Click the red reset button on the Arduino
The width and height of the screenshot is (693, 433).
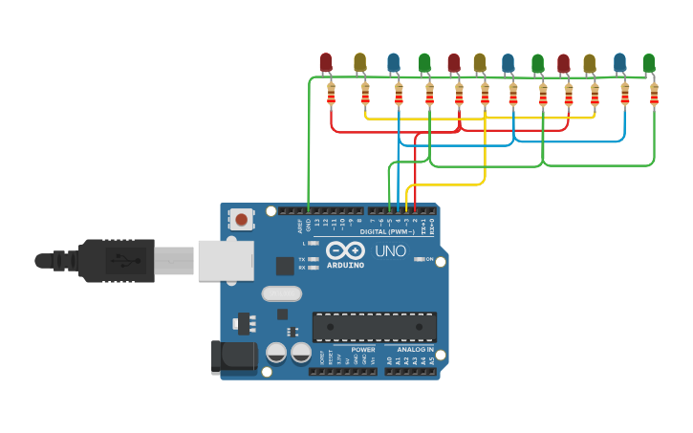point(241,220)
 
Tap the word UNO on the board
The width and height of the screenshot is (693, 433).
point(390,251)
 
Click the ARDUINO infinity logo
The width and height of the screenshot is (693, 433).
point(345,250)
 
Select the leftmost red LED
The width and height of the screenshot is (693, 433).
point(326,62)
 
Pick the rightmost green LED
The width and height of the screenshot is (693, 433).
point(649,63)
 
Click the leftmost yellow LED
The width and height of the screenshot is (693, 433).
point(359,62)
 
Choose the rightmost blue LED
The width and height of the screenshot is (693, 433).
point(620,62)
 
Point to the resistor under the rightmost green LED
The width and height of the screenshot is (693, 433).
point(654,94)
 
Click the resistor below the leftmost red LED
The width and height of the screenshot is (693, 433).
point(331,94)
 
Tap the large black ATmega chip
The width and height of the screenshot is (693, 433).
point(375,327)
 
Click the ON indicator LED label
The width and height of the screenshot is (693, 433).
point(429,259)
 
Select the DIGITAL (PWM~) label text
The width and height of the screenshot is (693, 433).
point(387,232)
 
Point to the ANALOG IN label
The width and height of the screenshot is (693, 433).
point(416,350)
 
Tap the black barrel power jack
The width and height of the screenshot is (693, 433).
point(233,357)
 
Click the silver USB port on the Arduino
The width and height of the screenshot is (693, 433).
point(227,260)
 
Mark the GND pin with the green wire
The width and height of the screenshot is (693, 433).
point(308,211)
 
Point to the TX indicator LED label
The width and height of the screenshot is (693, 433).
point(302,259)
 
